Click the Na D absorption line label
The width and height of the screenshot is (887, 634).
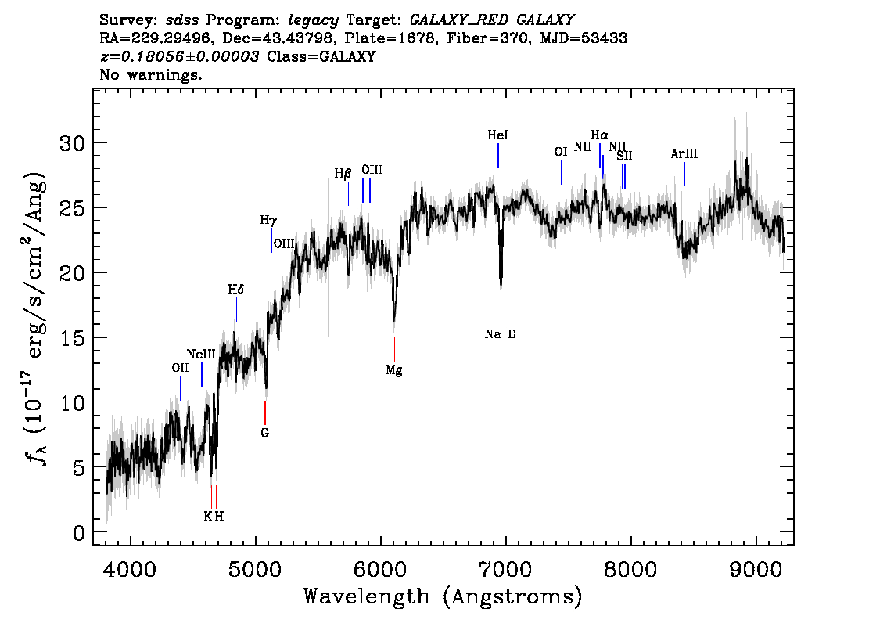tap(501, 334)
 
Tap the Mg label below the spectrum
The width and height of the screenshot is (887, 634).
tap(394, 370)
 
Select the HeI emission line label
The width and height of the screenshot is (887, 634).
tap(498, 135)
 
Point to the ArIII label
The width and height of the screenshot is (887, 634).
tap(684, 154)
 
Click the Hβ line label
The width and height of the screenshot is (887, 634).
tap(343, 174)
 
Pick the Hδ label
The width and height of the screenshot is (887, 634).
tap(236, 290)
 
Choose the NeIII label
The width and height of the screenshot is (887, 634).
tap(201, 354)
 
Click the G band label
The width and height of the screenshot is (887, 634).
tap(265, 432)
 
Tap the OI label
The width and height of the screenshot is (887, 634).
tap(560, 152)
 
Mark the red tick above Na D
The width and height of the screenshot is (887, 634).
tap(501, 314)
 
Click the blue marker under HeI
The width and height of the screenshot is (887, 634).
tap(498, 155)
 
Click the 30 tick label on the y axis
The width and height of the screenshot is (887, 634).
tap(73, 143)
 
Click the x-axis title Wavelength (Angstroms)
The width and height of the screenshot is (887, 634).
tap(443, 597)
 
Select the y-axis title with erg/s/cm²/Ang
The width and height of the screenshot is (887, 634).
tap(38, 317)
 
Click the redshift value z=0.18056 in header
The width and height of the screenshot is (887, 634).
tap(179, 57)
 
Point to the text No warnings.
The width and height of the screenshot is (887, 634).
tap(151, 75)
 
